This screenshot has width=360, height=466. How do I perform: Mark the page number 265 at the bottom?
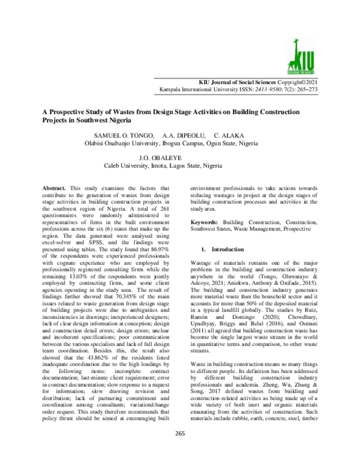pyautogui.click(x=179, y=450)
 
